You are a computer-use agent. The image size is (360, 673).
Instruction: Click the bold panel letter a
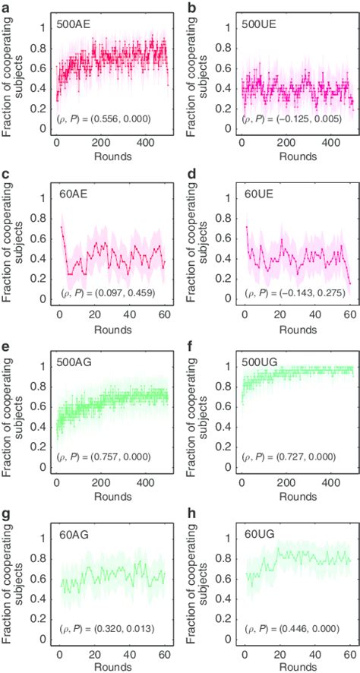pos(6,7)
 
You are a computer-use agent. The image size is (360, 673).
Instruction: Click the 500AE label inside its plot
pos(74,24)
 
